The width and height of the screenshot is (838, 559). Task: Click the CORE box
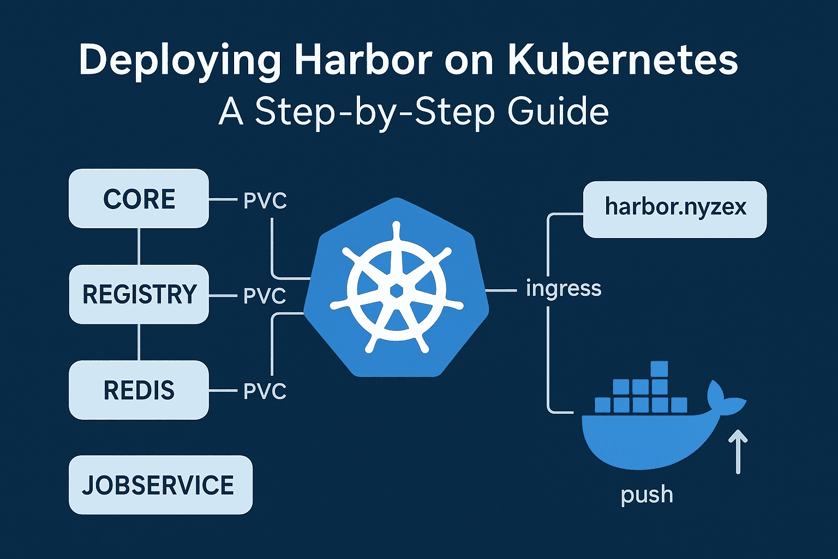coord(139,199)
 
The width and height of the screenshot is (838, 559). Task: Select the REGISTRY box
coord(139,294)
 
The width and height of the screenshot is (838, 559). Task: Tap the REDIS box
coord(139,390)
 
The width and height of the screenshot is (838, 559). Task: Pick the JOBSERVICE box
coord(160,485)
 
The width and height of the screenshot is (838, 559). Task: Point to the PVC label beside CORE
coord(265,201)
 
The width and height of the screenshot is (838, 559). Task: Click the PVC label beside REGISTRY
coord(265,296)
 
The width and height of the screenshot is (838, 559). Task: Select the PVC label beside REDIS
coord(265,391)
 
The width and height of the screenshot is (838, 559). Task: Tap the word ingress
coord(564,288)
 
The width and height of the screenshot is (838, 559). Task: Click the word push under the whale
coord(647,495)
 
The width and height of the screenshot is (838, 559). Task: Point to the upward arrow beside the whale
coord(738,451)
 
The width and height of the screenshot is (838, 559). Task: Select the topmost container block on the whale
coord(659,370)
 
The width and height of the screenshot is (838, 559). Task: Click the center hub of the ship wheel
coord(397,291)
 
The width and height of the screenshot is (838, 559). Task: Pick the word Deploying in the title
coord(180,61)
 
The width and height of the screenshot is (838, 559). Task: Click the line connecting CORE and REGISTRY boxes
coord(139,246)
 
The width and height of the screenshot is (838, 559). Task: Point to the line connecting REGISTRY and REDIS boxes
coord(139,342)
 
